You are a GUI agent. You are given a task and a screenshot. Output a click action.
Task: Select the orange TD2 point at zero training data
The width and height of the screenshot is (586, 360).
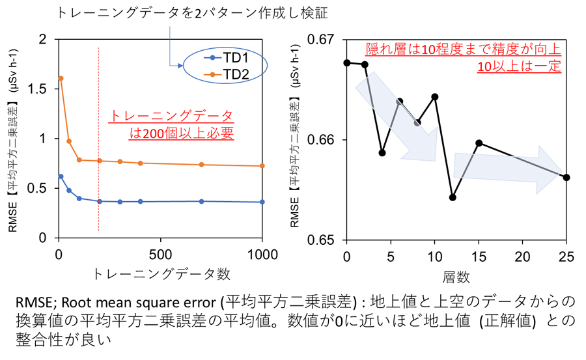[61, 78]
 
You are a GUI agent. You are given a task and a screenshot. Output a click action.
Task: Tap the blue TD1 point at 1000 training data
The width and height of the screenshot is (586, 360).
[262, 202]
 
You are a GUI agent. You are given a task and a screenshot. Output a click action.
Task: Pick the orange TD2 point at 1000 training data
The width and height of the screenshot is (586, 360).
[262, 166]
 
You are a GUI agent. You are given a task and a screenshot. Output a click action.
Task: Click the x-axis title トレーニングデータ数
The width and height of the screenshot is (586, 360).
[161, 273]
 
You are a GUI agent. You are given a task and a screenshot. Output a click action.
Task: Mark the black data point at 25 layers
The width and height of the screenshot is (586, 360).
[566, 177]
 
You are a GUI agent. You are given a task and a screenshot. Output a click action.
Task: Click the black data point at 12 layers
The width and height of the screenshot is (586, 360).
[453, 197]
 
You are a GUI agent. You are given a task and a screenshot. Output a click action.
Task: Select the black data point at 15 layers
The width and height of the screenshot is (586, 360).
[479, 143]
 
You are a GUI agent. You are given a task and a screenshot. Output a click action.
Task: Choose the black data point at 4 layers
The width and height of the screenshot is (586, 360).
[382, 153]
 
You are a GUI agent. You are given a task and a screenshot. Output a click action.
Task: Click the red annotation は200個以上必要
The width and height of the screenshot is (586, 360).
[182, 133]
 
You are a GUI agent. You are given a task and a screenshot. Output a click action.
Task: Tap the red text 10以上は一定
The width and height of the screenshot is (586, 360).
[518, 66]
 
